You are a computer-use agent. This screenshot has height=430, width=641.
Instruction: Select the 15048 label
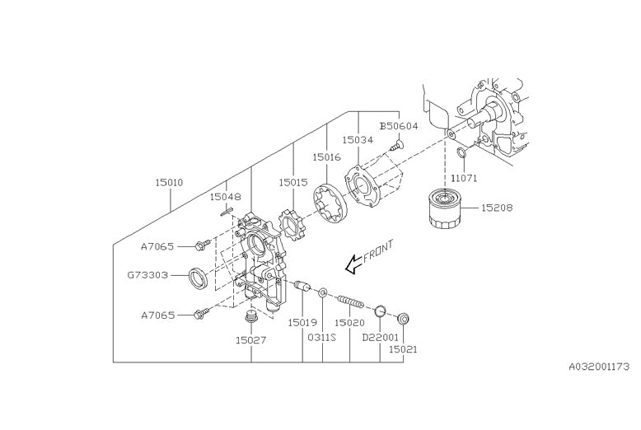tap(224, 197)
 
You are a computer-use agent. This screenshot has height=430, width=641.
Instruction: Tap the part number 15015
tap(292, 182)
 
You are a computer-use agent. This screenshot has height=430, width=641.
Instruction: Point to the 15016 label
tap(326, 156)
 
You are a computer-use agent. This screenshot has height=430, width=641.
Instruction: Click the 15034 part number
tap(358, 140)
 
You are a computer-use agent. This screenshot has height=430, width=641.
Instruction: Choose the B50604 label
tap(399, 126)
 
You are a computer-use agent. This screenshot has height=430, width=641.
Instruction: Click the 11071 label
tap(464, 178)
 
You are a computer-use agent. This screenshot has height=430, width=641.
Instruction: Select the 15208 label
tap(497, 208)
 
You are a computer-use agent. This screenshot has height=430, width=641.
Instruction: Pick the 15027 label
tap(250, 339)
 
